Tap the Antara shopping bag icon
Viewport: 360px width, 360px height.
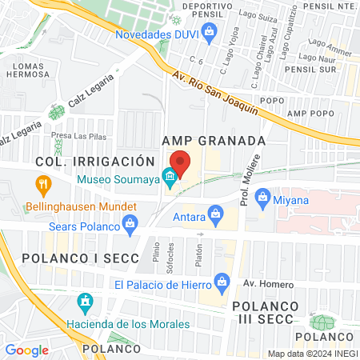[214, 213]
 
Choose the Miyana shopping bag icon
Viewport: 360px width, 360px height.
[261, 200]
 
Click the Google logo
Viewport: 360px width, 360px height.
[26, 350]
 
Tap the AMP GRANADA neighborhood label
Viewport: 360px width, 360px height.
[213, 140]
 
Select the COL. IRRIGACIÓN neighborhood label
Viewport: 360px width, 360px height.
[94, 161]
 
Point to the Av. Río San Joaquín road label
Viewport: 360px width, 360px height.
[216, 94]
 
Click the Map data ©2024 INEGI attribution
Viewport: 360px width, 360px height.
[312, 354]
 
